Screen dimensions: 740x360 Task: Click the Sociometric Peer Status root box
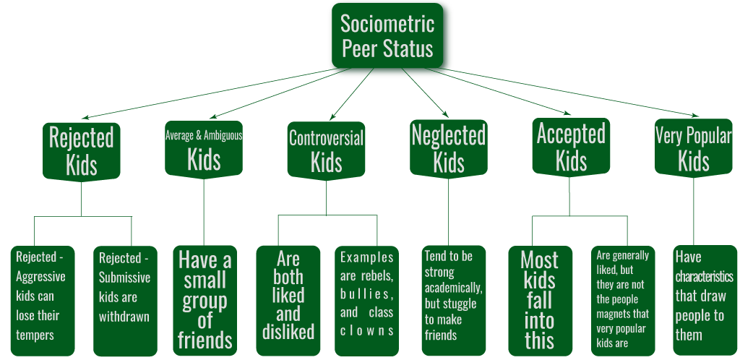point(387,35)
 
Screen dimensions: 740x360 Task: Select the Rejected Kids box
point(81,152)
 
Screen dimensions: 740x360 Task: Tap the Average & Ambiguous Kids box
point(203,150)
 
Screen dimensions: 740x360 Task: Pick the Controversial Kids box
point(326,151)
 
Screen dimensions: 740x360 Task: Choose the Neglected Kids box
point(448,149)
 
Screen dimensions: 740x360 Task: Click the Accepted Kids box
point(571,147)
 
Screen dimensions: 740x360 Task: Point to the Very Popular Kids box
point(693,148)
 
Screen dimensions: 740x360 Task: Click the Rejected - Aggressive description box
point(43,301)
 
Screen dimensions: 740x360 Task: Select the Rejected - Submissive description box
point(125,301)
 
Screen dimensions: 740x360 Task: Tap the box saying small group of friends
point(205,301)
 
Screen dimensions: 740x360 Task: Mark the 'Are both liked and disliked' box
point(288,301)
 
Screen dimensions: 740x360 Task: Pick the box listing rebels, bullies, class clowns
point(366,301)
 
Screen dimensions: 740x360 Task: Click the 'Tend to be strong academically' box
point(454,301)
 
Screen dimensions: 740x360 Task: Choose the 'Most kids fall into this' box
point(540,301)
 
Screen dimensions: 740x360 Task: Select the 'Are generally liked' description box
point(623,301)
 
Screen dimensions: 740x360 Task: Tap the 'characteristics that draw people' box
point(705,300)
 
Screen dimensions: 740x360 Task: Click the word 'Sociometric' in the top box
point(387,24)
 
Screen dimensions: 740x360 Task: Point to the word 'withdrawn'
point(124,316)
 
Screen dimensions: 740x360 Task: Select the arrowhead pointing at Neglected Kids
point(445,113)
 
